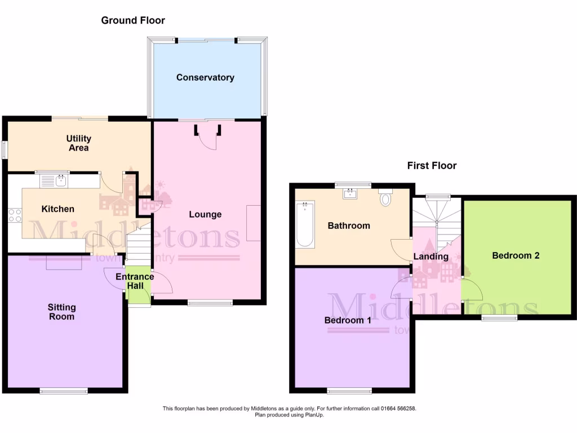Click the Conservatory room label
[x=205, y=78]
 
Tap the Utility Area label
[x=78, y=143]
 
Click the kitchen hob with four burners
[x=15, y=215]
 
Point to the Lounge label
[x=205, y=214]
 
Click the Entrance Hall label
[x=135, y=281]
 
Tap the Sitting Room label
[x=61, y=312]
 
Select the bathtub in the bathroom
[x=305, y=224]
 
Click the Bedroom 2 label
[x=516, y=255]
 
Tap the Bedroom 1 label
[x=348, y=320]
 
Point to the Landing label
[x=430, y=257]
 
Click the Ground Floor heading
[x=133, y=21]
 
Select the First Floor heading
[x=432, y=166]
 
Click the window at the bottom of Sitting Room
[x=64, y=390]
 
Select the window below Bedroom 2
[x=499, y=318]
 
